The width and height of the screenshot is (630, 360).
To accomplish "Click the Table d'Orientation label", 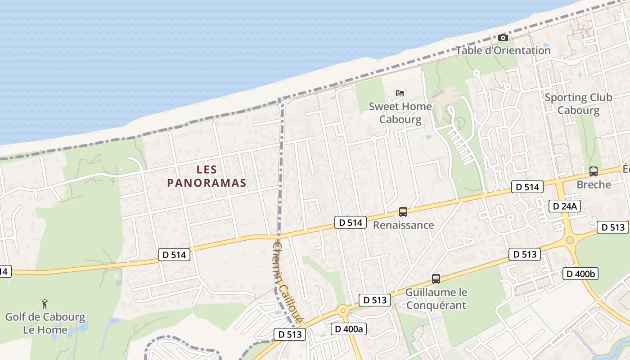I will coord(503,50).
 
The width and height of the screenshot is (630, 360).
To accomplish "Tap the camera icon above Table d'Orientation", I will coord(503,38).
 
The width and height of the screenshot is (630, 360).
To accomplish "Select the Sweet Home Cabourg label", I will coord(400,113).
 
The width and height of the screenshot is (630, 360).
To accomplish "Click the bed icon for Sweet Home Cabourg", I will coord(400,94).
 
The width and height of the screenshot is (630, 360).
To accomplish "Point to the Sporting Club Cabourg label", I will coord(578,104).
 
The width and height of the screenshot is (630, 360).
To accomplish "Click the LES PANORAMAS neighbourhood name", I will coord(207,176).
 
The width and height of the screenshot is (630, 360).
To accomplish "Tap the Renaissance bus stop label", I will coord(403,225).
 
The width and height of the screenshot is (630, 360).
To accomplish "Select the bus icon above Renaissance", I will coord(403,212).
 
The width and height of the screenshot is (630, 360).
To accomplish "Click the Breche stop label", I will coord(594,184).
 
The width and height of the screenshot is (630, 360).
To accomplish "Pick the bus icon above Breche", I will coord(594,171).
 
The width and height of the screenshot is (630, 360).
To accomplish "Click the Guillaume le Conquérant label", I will coord(436,298).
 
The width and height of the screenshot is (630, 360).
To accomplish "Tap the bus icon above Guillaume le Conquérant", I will coord(436,279).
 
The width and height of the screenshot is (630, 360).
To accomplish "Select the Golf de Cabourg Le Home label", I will coord(45,323).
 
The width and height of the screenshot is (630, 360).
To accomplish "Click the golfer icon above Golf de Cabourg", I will coord(45,303).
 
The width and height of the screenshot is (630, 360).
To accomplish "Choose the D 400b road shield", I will coord(580,273).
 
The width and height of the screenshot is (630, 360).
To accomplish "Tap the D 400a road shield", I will coord(349,329).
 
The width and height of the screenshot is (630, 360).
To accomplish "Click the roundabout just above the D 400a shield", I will coord(343,310).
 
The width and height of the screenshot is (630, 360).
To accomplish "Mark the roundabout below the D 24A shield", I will coord(570,239).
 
